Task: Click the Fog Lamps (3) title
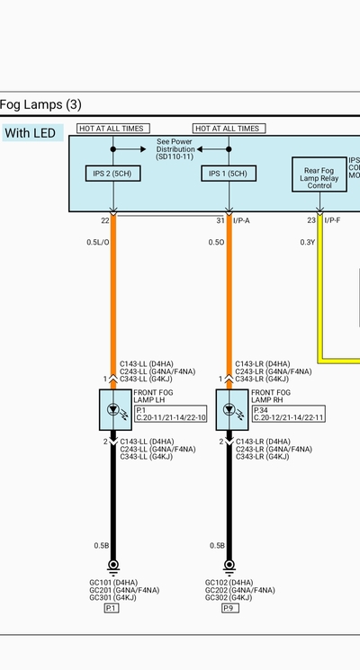[40, 104]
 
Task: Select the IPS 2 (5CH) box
[112, 174]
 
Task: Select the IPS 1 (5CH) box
[229, 174]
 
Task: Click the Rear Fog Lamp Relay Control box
[319, 174]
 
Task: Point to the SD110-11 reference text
[175, 156]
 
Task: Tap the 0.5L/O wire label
[98, 242]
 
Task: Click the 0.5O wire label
[216, 242]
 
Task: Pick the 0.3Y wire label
[308, 242]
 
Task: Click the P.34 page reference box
[288, 414]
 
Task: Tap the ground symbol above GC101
[112, 567]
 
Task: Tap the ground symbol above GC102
[229, 567]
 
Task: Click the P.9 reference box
[230, 608]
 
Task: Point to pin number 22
[105, 220]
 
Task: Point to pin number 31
[220, 220]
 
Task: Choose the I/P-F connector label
[332, 220]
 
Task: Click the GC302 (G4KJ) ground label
[229, 598]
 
